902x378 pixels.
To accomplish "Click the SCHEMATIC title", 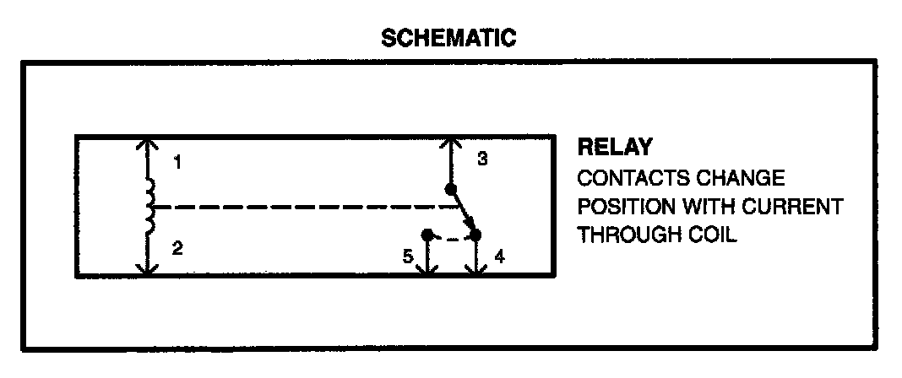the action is (448, 38).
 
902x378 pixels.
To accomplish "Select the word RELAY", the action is (614, 148).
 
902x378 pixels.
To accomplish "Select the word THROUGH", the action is (626, 235).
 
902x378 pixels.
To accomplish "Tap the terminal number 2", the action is (177, 248).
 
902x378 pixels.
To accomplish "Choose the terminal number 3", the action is (481, 159).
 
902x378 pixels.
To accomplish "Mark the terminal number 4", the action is (499, 255).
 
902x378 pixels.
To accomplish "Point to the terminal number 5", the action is (407, 256).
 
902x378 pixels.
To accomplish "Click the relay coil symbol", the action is (150, 207).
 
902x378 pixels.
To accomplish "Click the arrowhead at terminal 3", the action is (450, 143).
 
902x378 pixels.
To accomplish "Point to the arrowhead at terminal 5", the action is (428, 267).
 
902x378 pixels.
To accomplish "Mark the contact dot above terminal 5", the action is (427, 233).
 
